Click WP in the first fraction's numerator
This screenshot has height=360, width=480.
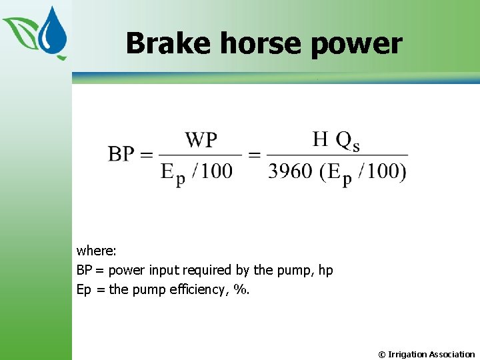pos(201,140)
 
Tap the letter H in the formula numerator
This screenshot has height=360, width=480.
pos(321,139)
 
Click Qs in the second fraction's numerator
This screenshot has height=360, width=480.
pos(347,141)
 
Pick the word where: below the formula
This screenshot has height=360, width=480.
pos(97,251)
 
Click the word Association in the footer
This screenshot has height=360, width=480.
pos(452,355)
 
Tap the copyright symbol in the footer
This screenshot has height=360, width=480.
pos(382,355)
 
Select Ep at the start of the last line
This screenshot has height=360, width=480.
pos(84,290)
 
